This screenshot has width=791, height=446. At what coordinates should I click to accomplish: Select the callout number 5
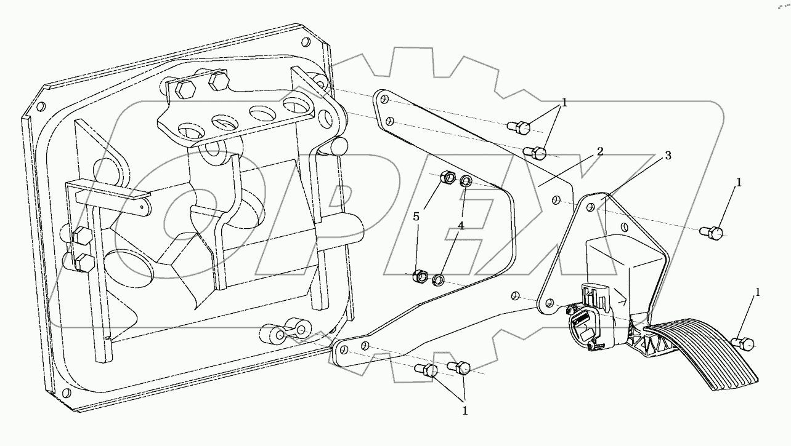click(x=416, y=217)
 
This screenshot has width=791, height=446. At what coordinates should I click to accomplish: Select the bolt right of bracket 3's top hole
click(x=713, y=233)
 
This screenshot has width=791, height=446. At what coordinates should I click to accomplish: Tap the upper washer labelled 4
click(x=466, y=181)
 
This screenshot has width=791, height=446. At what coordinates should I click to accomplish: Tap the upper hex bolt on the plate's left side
click(x=80, y=236)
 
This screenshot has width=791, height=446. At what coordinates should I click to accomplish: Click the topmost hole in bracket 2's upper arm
click(x=382, y=98)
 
